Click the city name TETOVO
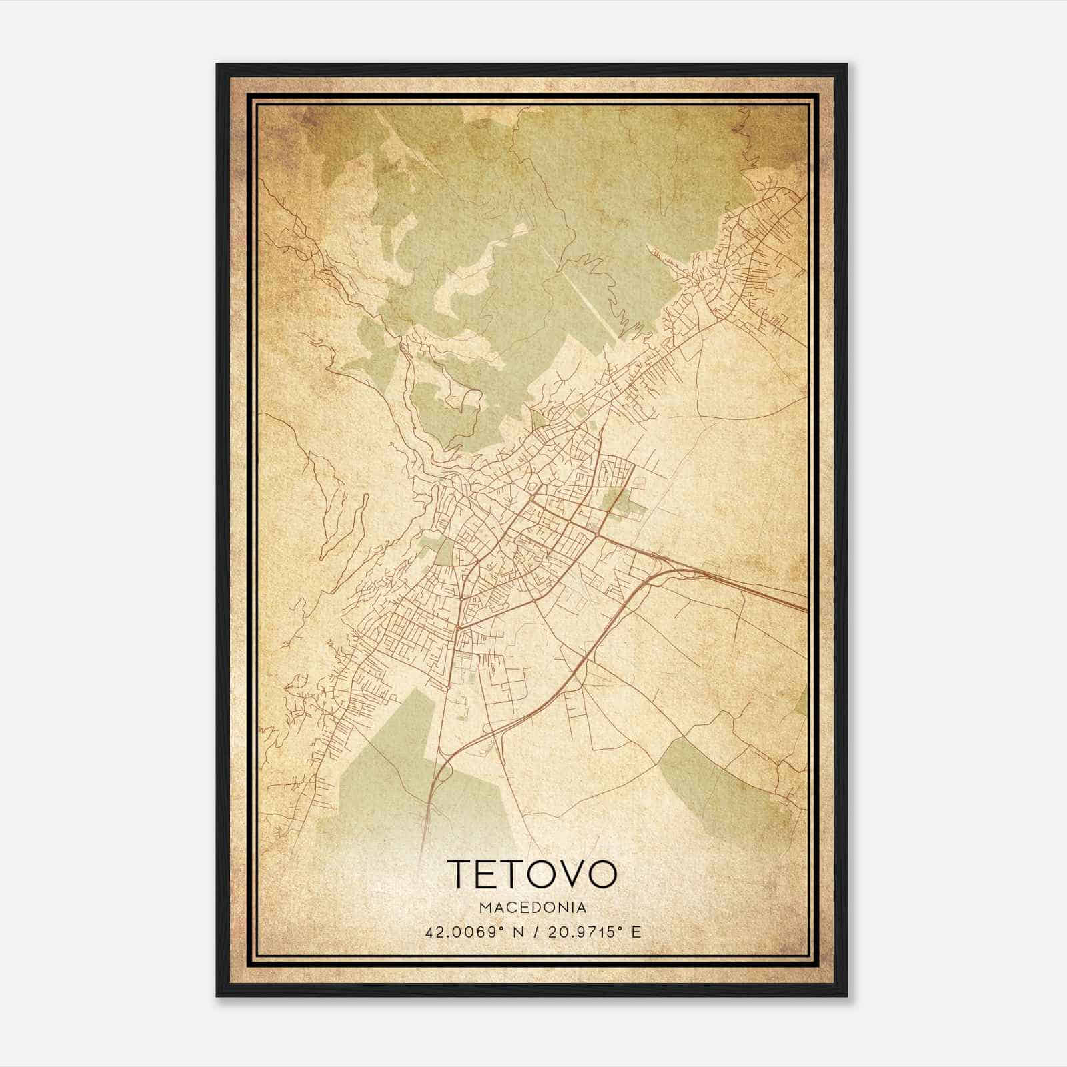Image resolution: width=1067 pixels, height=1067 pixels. (533, 874)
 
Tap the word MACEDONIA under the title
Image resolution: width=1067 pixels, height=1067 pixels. (532, 908)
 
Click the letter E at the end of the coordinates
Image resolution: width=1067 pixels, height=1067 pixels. (636, 932)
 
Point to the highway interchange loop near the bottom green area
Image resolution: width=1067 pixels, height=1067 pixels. (445, 774)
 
